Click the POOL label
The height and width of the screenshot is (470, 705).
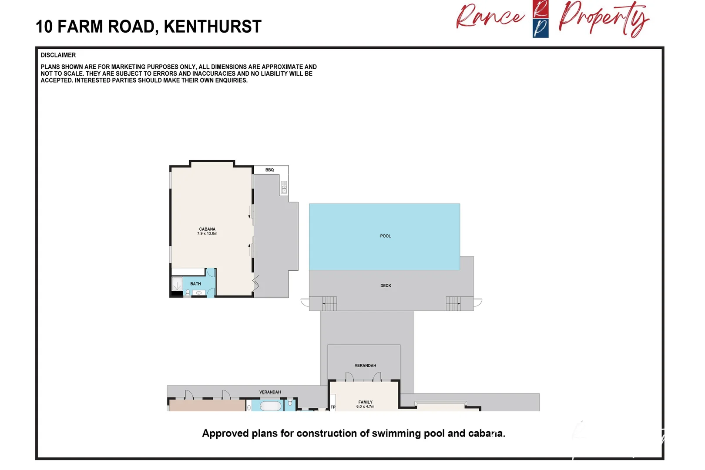[385, 236]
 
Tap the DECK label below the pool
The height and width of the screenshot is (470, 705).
[386, 285]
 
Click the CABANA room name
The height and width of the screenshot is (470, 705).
[207, 229]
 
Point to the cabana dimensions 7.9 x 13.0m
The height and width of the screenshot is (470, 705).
[207, 234]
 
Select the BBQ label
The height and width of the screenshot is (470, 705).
[269, 170]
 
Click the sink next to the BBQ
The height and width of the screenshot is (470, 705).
[284, 188]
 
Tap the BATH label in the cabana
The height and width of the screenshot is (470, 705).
[195, 284]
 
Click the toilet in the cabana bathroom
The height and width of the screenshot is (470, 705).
[188, 292]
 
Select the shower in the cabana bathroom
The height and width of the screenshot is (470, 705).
[177, 285]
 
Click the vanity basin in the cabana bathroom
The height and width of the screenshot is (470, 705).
[199, 293]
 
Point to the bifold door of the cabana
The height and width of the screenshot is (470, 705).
[256, 283]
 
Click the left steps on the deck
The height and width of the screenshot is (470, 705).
[329, 303]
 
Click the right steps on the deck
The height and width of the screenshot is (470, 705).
[453, 303]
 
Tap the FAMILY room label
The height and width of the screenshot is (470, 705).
[365, 402]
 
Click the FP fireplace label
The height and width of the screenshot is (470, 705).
[333, 407]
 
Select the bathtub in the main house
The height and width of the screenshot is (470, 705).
[270, 406]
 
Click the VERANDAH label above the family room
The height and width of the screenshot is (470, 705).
[365, 366]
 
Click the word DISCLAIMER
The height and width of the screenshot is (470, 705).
[58, 55]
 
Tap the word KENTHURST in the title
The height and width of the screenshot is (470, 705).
[212, 27]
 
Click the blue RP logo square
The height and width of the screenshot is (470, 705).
[540, 28]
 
